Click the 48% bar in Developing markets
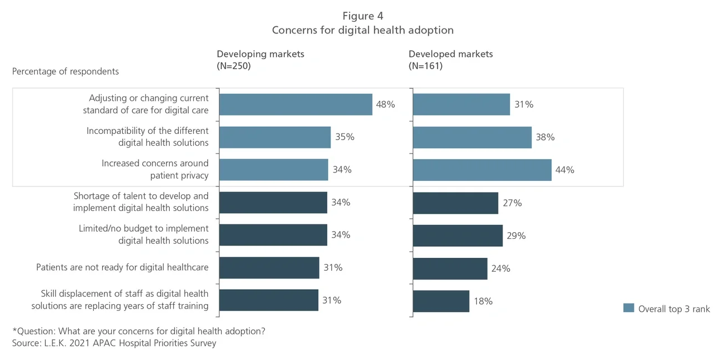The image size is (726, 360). [x=295, y=104]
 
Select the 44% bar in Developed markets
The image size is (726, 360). [x=482, y=170]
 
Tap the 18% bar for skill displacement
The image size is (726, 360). [x=441, y=301]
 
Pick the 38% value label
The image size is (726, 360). [x=545, y=137]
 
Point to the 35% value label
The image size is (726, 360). [x=345, y=137]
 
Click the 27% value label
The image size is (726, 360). [x=512, y=203]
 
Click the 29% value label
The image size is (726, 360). [x=516, y=236]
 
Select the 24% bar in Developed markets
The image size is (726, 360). [x=450, y=268]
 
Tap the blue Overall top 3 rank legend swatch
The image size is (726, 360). [x=628, y=309]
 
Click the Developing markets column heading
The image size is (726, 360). [x=260, y=54]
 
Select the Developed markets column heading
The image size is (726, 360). [x=451, y=54]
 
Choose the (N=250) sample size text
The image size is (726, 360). [x=233, y=66]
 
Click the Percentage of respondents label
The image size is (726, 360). [x=65, y=71]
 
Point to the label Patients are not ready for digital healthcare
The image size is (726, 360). [x=122, y=267]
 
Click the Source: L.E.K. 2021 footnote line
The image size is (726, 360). [x=114, y=343]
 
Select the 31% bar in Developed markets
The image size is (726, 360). [x=461, y=104]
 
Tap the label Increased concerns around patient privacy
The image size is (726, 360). [x=155, y=170]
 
